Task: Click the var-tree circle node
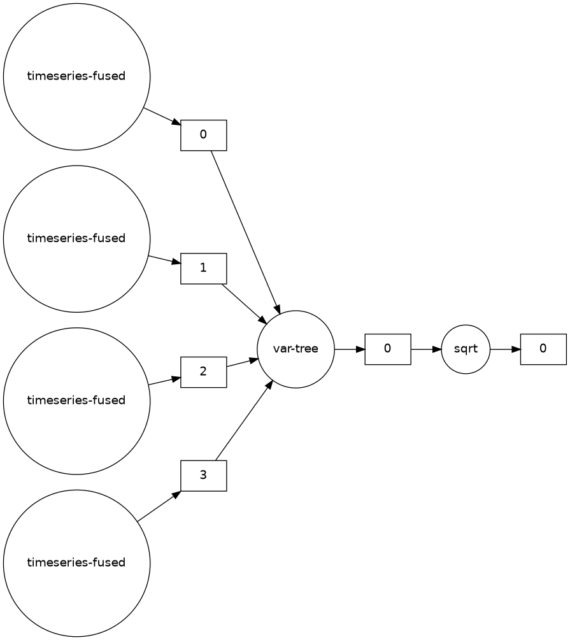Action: pos(296,349)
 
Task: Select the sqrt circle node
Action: pos(466,349)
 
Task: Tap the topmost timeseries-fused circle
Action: pos(76,76)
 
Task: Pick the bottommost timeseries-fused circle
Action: pos(76,563)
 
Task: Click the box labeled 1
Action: pos(204,268)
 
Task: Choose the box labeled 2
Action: pos(204,372)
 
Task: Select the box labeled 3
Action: pos(204,476)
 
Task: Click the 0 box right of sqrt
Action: pos(543,349)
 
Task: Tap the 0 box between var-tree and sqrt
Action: pos(387,349)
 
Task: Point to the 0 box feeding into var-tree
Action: pos(204,135)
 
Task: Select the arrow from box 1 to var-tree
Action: pos(243,302)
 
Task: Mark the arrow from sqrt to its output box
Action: pos(505,349)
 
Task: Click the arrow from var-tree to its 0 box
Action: pos(349,349)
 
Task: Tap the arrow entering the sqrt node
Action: pos(425,349)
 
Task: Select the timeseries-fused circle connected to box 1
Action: pos(76,239)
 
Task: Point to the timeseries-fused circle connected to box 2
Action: pos(76,401)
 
